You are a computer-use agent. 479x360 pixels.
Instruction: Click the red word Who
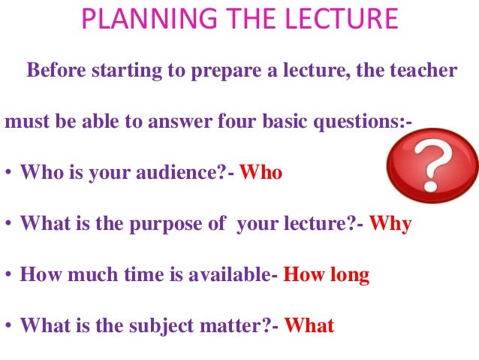261,174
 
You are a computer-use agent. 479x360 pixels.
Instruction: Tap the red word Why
390,225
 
